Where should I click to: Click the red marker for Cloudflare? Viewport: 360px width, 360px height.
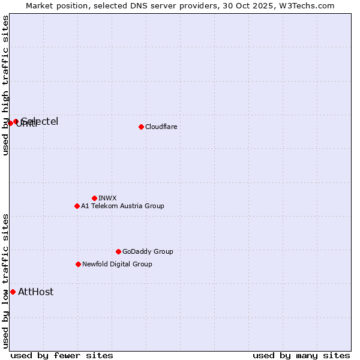(141, 127)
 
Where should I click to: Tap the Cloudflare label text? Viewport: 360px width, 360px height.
(161, 127)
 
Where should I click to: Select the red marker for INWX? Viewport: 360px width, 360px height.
(94, 198)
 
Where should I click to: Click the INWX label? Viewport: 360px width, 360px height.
(107, 198)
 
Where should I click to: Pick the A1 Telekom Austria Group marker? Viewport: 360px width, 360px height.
(77, 206)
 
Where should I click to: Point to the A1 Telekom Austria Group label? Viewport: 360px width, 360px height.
(122, 206)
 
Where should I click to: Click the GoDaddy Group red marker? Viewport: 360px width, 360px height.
(118, 251)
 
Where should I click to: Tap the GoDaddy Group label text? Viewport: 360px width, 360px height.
(148, 251)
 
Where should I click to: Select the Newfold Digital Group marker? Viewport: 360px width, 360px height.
(78, 264)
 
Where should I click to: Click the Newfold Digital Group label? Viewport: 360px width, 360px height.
(117, 264)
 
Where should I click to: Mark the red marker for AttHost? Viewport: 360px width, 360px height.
(13, 292)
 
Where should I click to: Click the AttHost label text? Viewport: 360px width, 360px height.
(35, 292)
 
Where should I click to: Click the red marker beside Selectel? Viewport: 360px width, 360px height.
(16, 121)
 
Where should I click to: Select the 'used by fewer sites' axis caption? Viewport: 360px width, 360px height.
(62, 355)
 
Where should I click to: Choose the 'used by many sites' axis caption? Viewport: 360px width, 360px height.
(301, 355)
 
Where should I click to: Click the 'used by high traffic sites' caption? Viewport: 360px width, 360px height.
(5, 86)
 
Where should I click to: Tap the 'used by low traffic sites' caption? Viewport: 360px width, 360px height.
(5, 281)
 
